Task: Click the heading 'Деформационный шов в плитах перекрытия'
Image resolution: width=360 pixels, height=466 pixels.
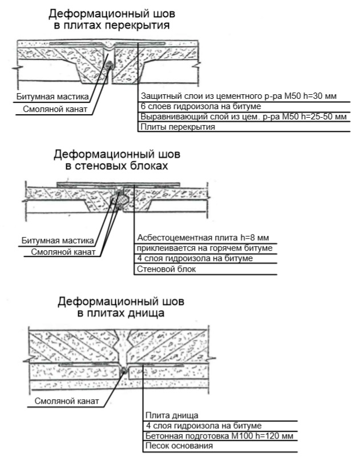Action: click(112, 19)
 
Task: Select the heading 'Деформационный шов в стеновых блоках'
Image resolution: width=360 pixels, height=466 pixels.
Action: click(116, 160)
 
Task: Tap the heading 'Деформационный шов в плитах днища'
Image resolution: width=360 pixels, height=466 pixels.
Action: click(121, 307)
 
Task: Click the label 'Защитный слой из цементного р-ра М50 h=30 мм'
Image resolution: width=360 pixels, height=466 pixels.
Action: click(238, 97)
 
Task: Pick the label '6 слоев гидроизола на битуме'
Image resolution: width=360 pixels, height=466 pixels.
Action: click(201, 106)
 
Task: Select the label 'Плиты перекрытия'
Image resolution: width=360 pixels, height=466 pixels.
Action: click(177, 127)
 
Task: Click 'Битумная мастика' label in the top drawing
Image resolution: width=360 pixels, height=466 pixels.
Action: click(52, 97)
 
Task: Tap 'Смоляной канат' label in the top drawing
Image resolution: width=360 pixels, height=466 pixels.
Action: click(55, 109)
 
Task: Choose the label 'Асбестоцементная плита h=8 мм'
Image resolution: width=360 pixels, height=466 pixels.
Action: click(203, 238)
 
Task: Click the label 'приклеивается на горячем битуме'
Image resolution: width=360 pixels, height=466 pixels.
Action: click(204, 248)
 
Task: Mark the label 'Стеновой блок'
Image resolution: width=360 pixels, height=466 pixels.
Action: click(166, 269)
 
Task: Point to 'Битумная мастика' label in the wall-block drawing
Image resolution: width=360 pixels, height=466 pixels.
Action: click(58, 240)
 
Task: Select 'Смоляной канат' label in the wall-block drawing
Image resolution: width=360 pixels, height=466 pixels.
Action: click(63, 252)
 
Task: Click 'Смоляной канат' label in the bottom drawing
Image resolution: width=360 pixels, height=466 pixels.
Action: click(67, 401)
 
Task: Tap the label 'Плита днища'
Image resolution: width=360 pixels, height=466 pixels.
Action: click(172, 416)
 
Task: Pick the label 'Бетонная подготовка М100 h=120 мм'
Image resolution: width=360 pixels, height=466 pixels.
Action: click(219, 436)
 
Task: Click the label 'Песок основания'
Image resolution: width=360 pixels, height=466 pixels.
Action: click(179, 446)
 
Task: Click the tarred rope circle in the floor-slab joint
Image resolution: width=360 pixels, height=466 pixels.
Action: click(110, 65)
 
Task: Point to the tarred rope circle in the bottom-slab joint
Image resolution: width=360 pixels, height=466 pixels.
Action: click(124, 370)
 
